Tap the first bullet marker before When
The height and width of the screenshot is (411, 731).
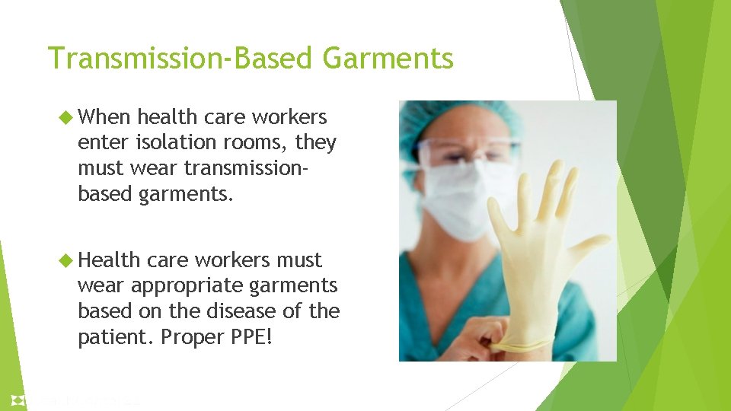pos(64,117)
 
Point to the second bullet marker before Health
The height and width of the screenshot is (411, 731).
pos(64,260)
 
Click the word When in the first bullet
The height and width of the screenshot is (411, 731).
pos(105,117)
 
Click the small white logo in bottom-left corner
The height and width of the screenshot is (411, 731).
pos(18,400)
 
